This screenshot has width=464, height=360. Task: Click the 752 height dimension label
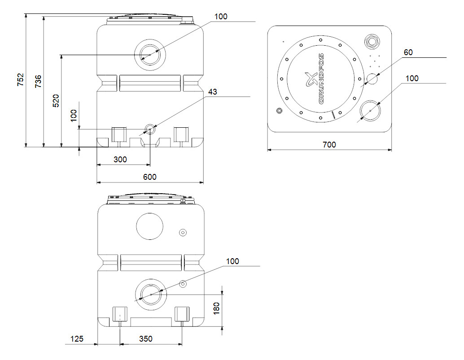coord(20,80)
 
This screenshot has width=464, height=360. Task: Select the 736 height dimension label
coord(38,81)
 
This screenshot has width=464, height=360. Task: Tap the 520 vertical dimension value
coord(56,101)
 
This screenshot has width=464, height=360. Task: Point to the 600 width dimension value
coord(150,177)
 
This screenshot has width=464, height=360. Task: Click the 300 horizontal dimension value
coord(120,159)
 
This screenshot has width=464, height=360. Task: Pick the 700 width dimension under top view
coord(329,145)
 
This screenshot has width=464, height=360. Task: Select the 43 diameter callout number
coord(213,92)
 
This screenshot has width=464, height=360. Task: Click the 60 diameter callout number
coord(408,52)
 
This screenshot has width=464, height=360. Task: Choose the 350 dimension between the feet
coord(146,339)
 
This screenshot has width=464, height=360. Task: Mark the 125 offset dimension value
coord(77,339)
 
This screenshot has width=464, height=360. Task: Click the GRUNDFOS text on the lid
coord(321,79)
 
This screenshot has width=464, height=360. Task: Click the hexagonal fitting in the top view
coord(372,41)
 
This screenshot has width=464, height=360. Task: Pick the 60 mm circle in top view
coord(372,78)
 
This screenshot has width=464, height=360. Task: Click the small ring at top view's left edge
coord(279,110)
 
